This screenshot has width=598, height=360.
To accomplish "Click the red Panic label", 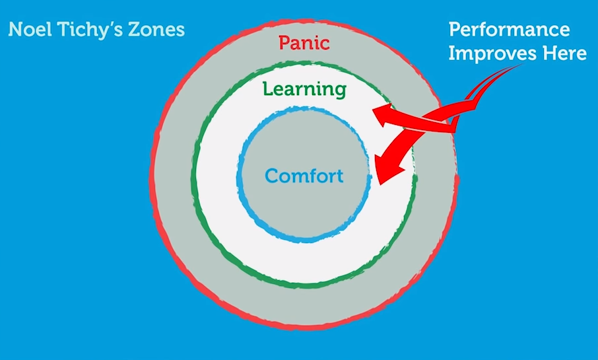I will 304,44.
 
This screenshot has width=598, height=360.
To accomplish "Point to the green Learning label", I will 304,89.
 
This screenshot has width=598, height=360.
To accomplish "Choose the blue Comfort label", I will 304,176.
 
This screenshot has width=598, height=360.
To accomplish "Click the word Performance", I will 509,30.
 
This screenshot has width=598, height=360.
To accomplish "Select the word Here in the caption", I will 564,54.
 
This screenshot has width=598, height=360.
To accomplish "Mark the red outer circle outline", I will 152,178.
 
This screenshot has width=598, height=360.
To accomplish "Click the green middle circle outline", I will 193,178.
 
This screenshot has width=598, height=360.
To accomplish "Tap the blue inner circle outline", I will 239,178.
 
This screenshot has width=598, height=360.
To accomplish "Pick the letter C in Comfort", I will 271,176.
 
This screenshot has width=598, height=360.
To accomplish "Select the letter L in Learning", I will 267,89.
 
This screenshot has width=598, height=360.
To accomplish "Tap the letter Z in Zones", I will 133,30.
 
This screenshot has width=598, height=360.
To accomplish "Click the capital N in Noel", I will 15,30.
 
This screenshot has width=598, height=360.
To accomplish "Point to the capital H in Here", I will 547,54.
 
